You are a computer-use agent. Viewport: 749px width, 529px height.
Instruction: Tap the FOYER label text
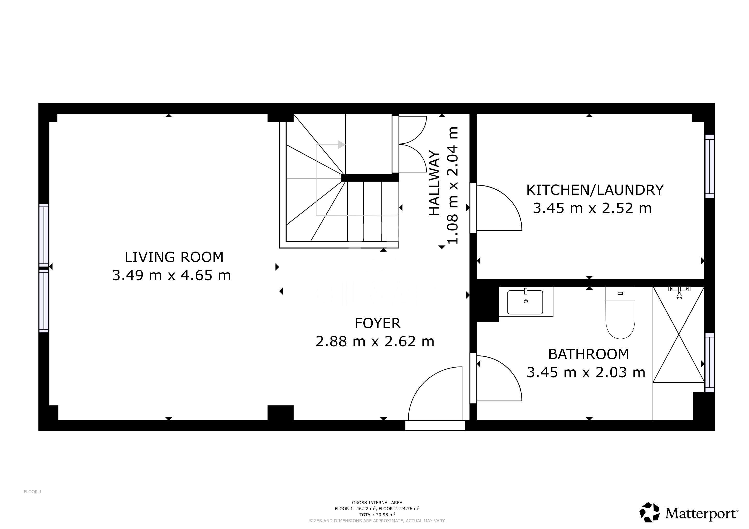(x=377, y=323)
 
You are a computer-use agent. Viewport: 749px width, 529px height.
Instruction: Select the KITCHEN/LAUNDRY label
(x=595, y=190)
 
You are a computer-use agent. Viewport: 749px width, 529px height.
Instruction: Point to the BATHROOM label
(x=588, y=354)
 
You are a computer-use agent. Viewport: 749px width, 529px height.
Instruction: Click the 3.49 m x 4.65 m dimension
(x=171, y=276)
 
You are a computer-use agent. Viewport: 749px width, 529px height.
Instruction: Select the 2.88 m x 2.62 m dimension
(x=375, y=342)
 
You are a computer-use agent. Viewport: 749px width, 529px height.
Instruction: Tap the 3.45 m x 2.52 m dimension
(x=592, y=208)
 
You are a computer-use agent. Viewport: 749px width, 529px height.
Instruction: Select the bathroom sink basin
(x=525, y=302)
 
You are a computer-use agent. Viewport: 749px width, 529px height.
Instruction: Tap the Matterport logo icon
(x=649, y=512)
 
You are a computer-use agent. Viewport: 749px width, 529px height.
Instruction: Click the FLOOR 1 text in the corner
(x=33, y=492)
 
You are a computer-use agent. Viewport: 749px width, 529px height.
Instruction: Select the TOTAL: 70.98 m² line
(x=377, y=515)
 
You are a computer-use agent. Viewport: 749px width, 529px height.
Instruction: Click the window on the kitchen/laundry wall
(x=709, y=166)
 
